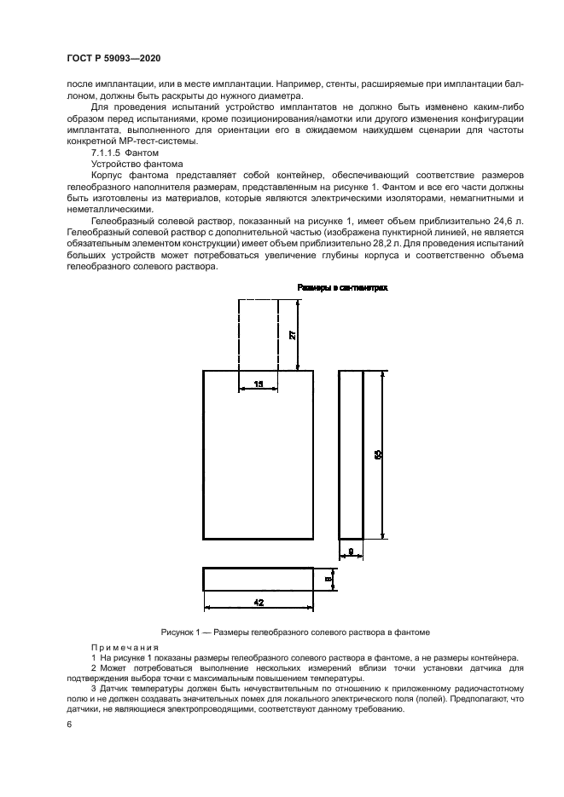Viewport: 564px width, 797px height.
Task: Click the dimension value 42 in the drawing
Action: click(x=258, y=601)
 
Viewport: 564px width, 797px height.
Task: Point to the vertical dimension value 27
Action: click(x=292, y=334)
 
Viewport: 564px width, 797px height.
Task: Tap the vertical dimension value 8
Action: click(x=328, y=579)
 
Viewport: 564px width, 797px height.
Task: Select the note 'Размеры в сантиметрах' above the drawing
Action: click(x=342, y=288)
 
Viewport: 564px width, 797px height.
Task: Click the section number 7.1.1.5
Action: click(x=106, y=151)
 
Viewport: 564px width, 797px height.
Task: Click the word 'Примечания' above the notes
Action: click(x=119, y=647)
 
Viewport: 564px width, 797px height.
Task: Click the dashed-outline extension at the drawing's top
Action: click(x=258, y=332)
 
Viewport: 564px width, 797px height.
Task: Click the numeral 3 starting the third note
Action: click(x=93, y=687)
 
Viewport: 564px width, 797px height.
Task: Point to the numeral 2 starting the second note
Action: click(x=93, y=667)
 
